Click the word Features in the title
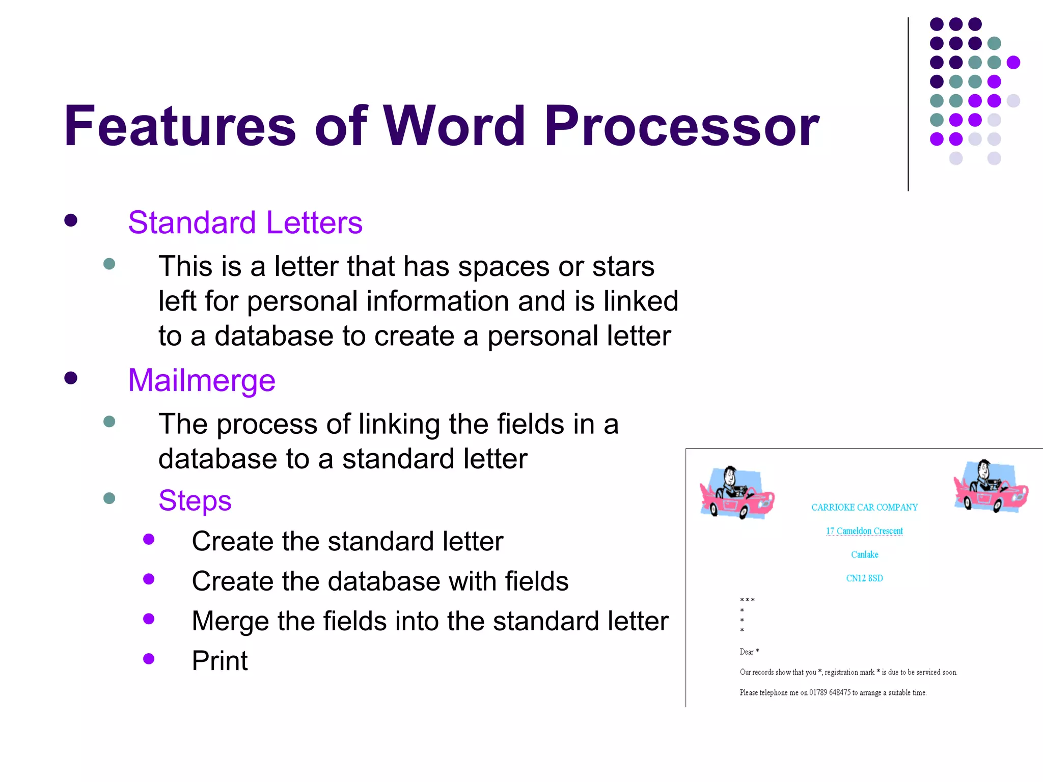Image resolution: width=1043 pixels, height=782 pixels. [x=180, y=126]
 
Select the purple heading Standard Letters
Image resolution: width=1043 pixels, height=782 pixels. [x=245, y=222]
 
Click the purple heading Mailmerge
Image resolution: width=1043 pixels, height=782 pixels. [x=202, y=380]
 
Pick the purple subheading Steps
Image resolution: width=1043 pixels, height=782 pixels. [x=195, y=500]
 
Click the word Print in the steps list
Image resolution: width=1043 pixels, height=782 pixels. [x=219, y=661]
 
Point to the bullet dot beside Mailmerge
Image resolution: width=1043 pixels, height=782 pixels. [x=71, y=378]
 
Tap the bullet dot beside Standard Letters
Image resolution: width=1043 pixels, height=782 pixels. [x=71, y=220]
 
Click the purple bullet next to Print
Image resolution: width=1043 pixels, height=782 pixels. [x=149, y=659]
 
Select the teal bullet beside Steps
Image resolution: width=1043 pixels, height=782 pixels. [x=109, y=498]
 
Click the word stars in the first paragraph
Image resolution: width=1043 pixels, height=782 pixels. [x=623, y=266]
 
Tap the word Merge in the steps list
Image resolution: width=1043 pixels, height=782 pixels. [x=230, y=621]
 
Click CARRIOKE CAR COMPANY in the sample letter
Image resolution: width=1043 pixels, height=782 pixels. [x=864, y=508]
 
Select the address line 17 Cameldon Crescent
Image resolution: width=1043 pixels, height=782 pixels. [x=864, y=531]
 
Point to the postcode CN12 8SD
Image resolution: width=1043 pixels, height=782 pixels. [x=864, y=578]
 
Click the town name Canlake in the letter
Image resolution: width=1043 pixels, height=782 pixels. [x=864, y=554]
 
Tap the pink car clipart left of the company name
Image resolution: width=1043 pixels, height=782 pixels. [x=736, y=493]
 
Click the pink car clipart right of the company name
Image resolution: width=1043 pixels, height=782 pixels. [x=991, y=486]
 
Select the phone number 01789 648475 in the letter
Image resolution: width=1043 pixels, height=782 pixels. [x=830, y=692]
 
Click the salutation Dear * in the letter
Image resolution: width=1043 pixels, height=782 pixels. [x=749, y=652]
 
